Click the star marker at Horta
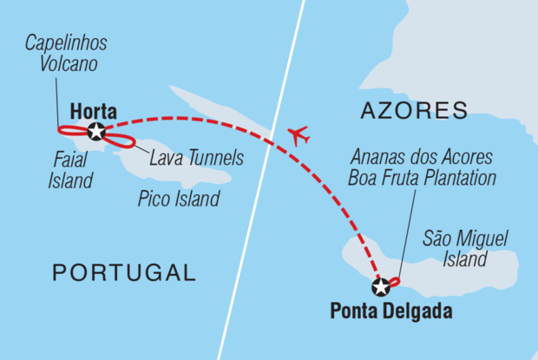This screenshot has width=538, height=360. (x=95, y=132)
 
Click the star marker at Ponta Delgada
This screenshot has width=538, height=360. (x=380, y=287)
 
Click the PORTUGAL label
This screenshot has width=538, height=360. (x=124, y=273)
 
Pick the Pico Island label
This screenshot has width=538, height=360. (x=178, y=200)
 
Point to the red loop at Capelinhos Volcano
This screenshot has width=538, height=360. (x=69, y=132)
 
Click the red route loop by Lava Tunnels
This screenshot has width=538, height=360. (x=120, y=141)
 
